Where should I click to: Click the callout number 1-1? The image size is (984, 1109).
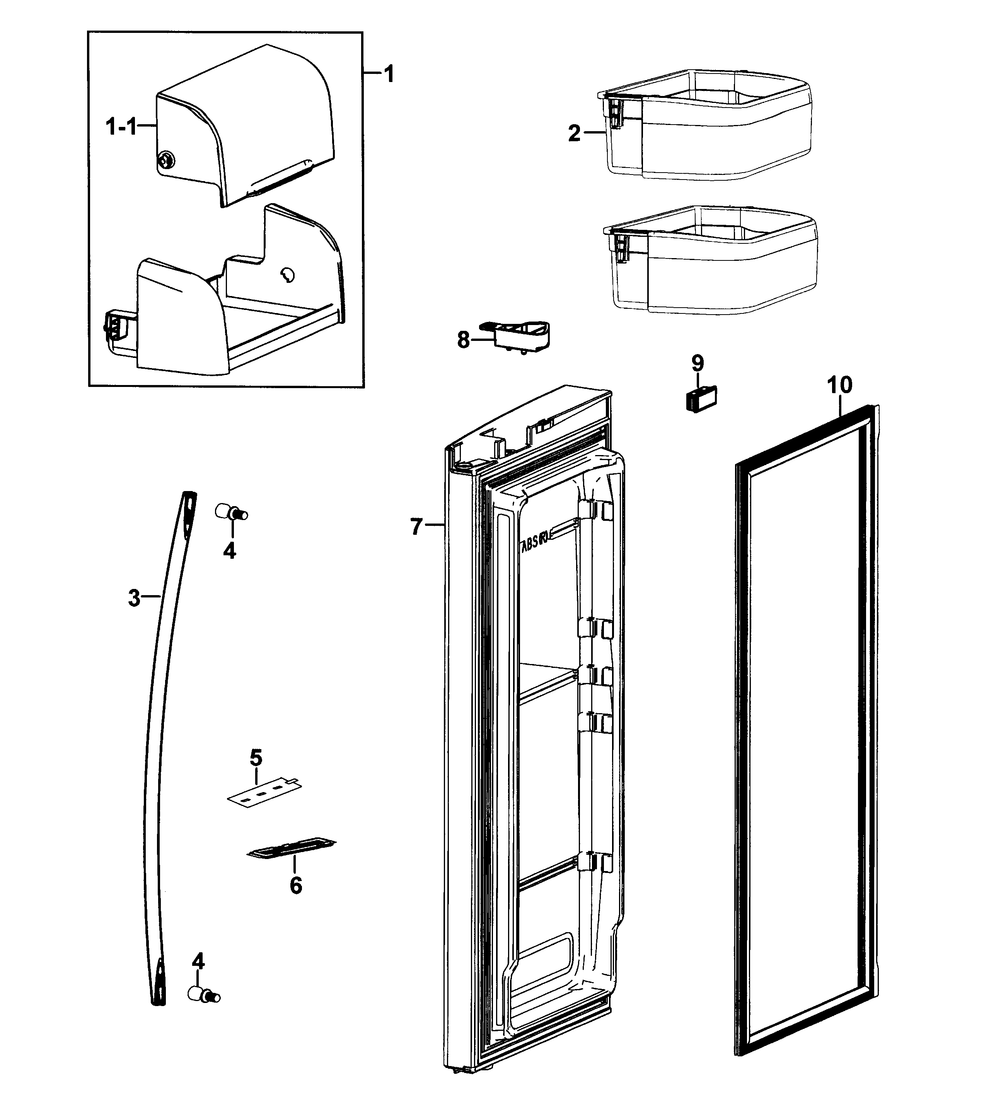point(120,128)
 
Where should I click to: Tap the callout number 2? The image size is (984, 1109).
point(574,133)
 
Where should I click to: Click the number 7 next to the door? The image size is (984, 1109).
point(416,526)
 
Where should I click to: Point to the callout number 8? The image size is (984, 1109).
point(463,340)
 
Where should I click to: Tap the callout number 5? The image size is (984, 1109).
point(256,757)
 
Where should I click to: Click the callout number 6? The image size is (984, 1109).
point(295,886)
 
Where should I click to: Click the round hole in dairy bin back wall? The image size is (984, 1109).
point(287,276)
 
